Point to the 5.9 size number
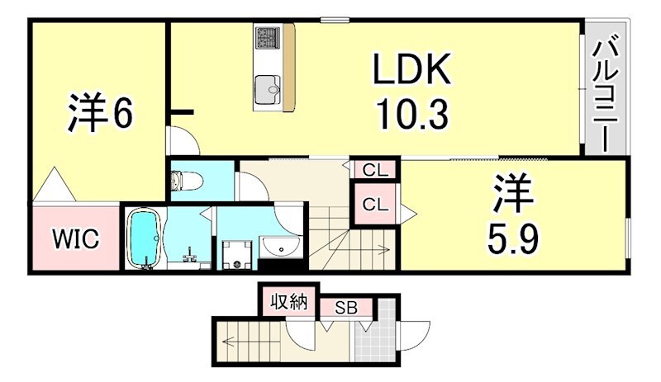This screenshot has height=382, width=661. pyautogui.click(x=513, y=239)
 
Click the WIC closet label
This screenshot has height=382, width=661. pyautogui.click(x=77, y=240)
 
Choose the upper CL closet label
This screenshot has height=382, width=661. pyautogui.click(x=375, y=171)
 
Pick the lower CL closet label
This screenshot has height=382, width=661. pyautogui.click(x=375, y=202)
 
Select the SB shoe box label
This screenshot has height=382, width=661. pyautogui.click(x=345, y=308)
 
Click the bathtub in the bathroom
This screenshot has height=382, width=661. pyautogui.click(x=144, y=238)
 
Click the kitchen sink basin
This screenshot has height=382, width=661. pyautogui.click(x=268, y=87)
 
